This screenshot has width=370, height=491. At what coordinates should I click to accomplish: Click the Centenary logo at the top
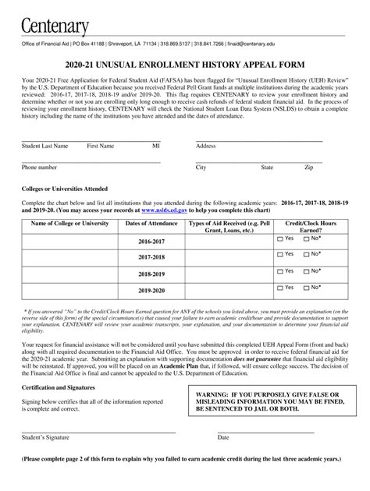(55, 21)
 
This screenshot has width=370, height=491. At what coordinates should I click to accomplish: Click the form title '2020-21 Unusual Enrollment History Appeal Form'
(184, 65)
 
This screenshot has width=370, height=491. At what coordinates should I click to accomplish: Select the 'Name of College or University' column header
(69, 224)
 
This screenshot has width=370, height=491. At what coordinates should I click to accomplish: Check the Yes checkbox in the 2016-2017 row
(281, 238)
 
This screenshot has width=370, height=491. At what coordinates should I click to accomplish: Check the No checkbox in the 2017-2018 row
(307, 255)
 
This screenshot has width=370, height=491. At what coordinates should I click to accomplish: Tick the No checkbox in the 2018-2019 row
(307, 272)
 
